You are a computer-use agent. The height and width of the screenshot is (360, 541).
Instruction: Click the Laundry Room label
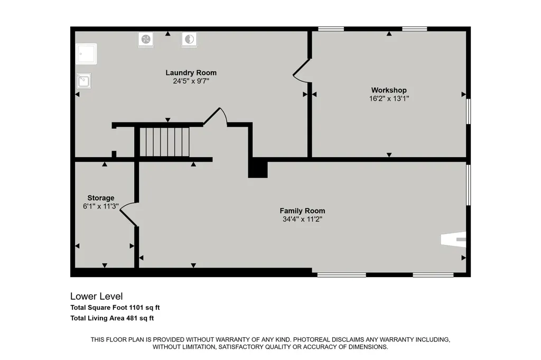click(191, 73)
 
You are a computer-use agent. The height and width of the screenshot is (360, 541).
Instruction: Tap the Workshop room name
click(389, 90)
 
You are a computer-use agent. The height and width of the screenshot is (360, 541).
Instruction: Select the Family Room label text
click(302, 211)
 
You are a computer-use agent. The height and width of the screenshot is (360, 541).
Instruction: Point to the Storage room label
click(101, 198)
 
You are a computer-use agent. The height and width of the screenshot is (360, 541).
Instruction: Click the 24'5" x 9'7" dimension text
click(191, 81)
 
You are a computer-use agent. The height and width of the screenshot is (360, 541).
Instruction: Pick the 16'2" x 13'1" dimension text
click(389, 99)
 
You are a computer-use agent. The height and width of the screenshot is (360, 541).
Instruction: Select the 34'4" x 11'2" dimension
click(302, 219)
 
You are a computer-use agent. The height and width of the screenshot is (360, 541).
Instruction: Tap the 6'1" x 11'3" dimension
click(101, 206)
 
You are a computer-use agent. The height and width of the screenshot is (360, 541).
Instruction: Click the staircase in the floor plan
click(165, 141)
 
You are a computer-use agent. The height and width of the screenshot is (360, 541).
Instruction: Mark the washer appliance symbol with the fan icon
click(146, 39)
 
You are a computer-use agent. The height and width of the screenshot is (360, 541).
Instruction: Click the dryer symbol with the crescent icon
click(190, 39)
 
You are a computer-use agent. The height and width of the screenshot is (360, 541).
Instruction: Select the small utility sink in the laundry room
click(83, 81)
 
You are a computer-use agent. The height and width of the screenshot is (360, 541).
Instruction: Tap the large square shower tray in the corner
click(86, 54)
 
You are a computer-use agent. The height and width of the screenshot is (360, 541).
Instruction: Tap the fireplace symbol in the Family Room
click(453, 239)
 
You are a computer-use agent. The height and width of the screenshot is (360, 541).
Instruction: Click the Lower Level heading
click(97, 296)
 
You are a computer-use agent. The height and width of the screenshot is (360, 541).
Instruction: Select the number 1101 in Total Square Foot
click(136, 308)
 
